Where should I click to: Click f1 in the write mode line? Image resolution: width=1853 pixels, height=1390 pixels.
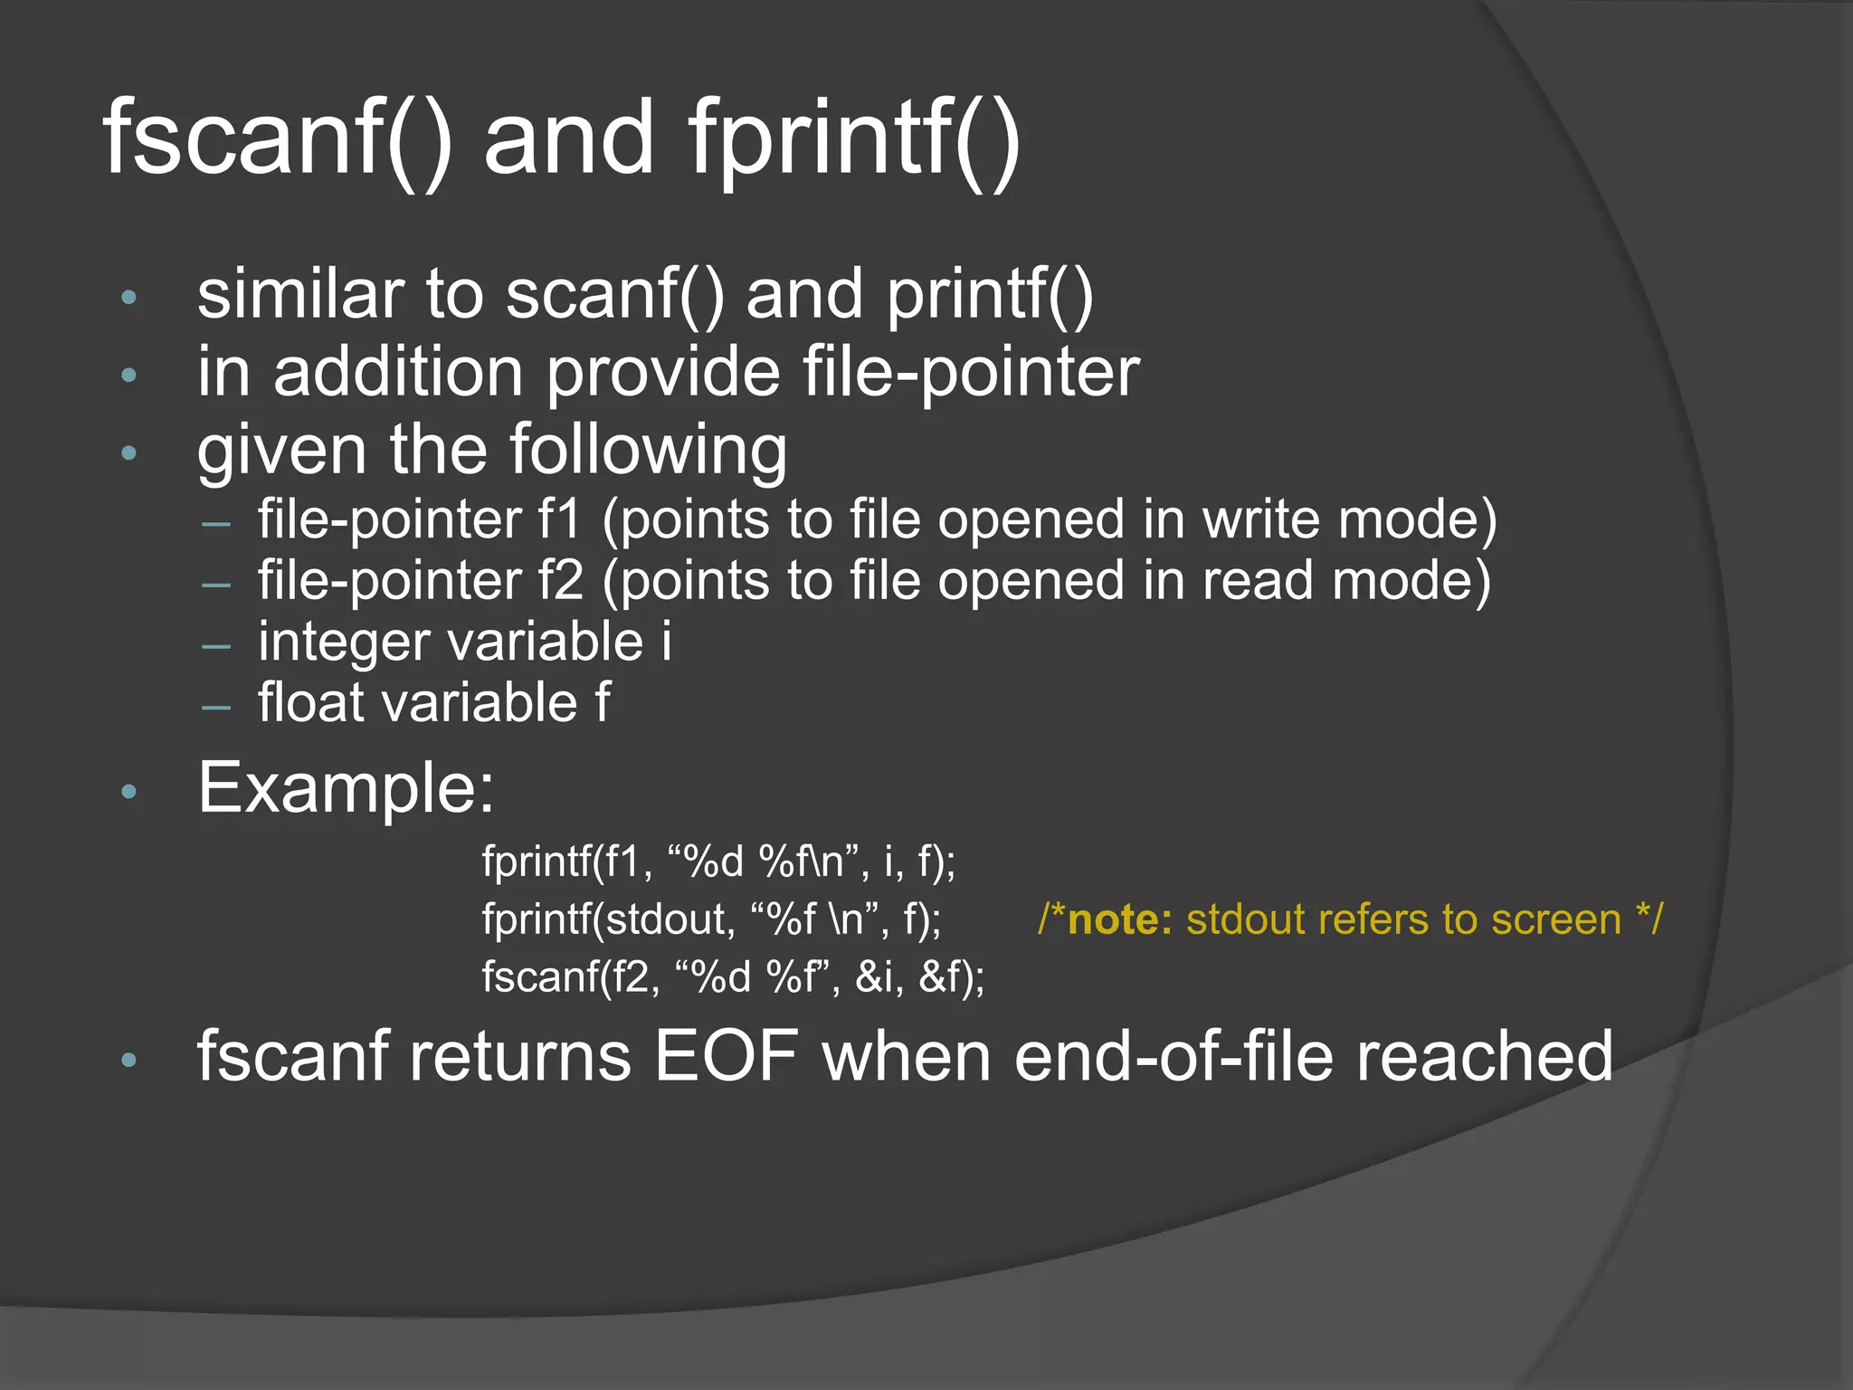(x=559, y=519)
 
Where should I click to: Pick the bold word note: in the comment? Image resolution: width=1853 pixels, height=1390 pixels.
(x=1120, y=919)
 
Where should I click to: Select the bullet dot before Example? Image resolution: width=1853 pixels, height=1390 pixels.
(x=128, y=792)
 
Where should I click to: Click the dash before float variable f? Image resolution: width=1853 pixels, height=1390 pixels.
(x=216, y=706)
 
